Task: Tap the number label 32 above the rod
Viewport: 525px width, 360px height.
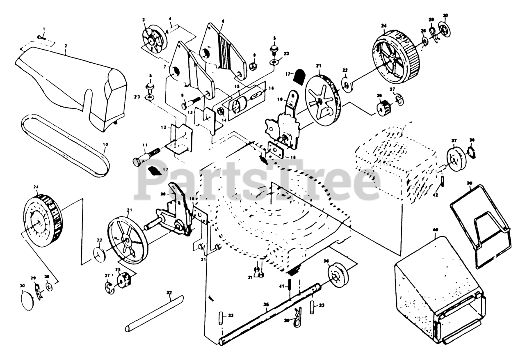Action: pyautogui.click(x=169, y=292)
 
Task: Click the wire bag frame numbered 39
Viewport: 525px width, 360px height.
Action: pyautogui.click(x=480, y=230)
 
